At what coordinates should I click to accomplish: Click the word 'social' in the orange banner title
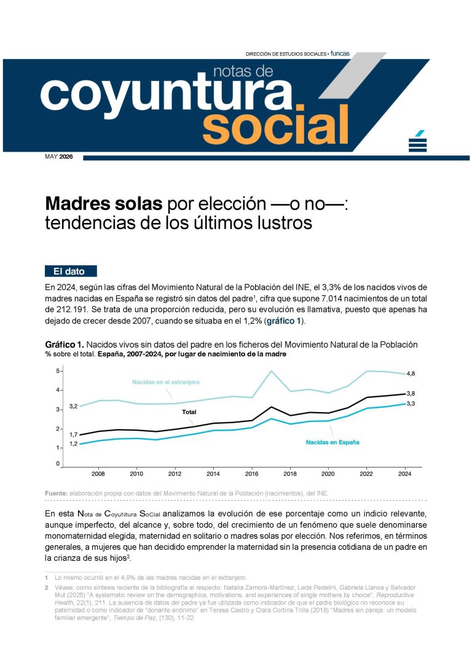click(x=276, y=124)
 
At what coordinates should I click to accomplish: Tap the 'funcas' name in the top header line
click(x=340, y=53)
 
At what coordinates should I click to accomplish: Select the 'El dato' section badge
click(x=71, y=271)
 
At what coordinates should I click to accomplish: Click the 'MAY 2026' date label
click(x=59, y=157)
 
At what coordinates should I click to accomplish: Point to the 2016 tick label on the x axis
click(x=251, y=474)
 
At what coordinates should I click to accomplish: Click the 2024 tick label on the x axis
click(x=405, y=474)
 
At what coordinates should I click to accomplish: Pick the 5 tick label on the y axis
click(x=58, y=371)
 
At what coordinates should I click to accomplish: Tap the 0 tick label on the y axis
click(x=58, y=464)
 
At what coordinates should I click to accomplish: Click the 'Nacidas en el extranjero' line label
click(x=165, y=382)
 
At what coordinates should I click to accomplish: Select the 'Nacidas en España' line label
click(x=332, y=442)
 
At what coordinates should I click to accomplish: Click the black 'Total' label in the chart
click(x=189, y=412)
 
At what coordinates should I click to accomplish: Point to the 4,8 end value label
click(x=411, y=373)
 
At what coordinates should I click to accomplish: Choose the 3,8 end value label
click(x=411, y=394)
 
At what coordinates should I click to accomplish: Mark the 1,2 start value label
click(x=74, y=443)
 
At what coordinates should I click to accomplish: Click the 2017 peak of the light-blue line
click(x=271, y=371)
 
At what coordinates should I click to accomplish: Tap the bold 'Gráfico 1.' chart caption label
click(x=65, y=345)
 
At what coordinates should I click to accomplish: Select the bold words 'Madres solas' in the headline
click(x=103, y=203)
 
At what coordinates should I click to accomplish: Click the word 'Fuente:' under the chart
click(x=56, y=493)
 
